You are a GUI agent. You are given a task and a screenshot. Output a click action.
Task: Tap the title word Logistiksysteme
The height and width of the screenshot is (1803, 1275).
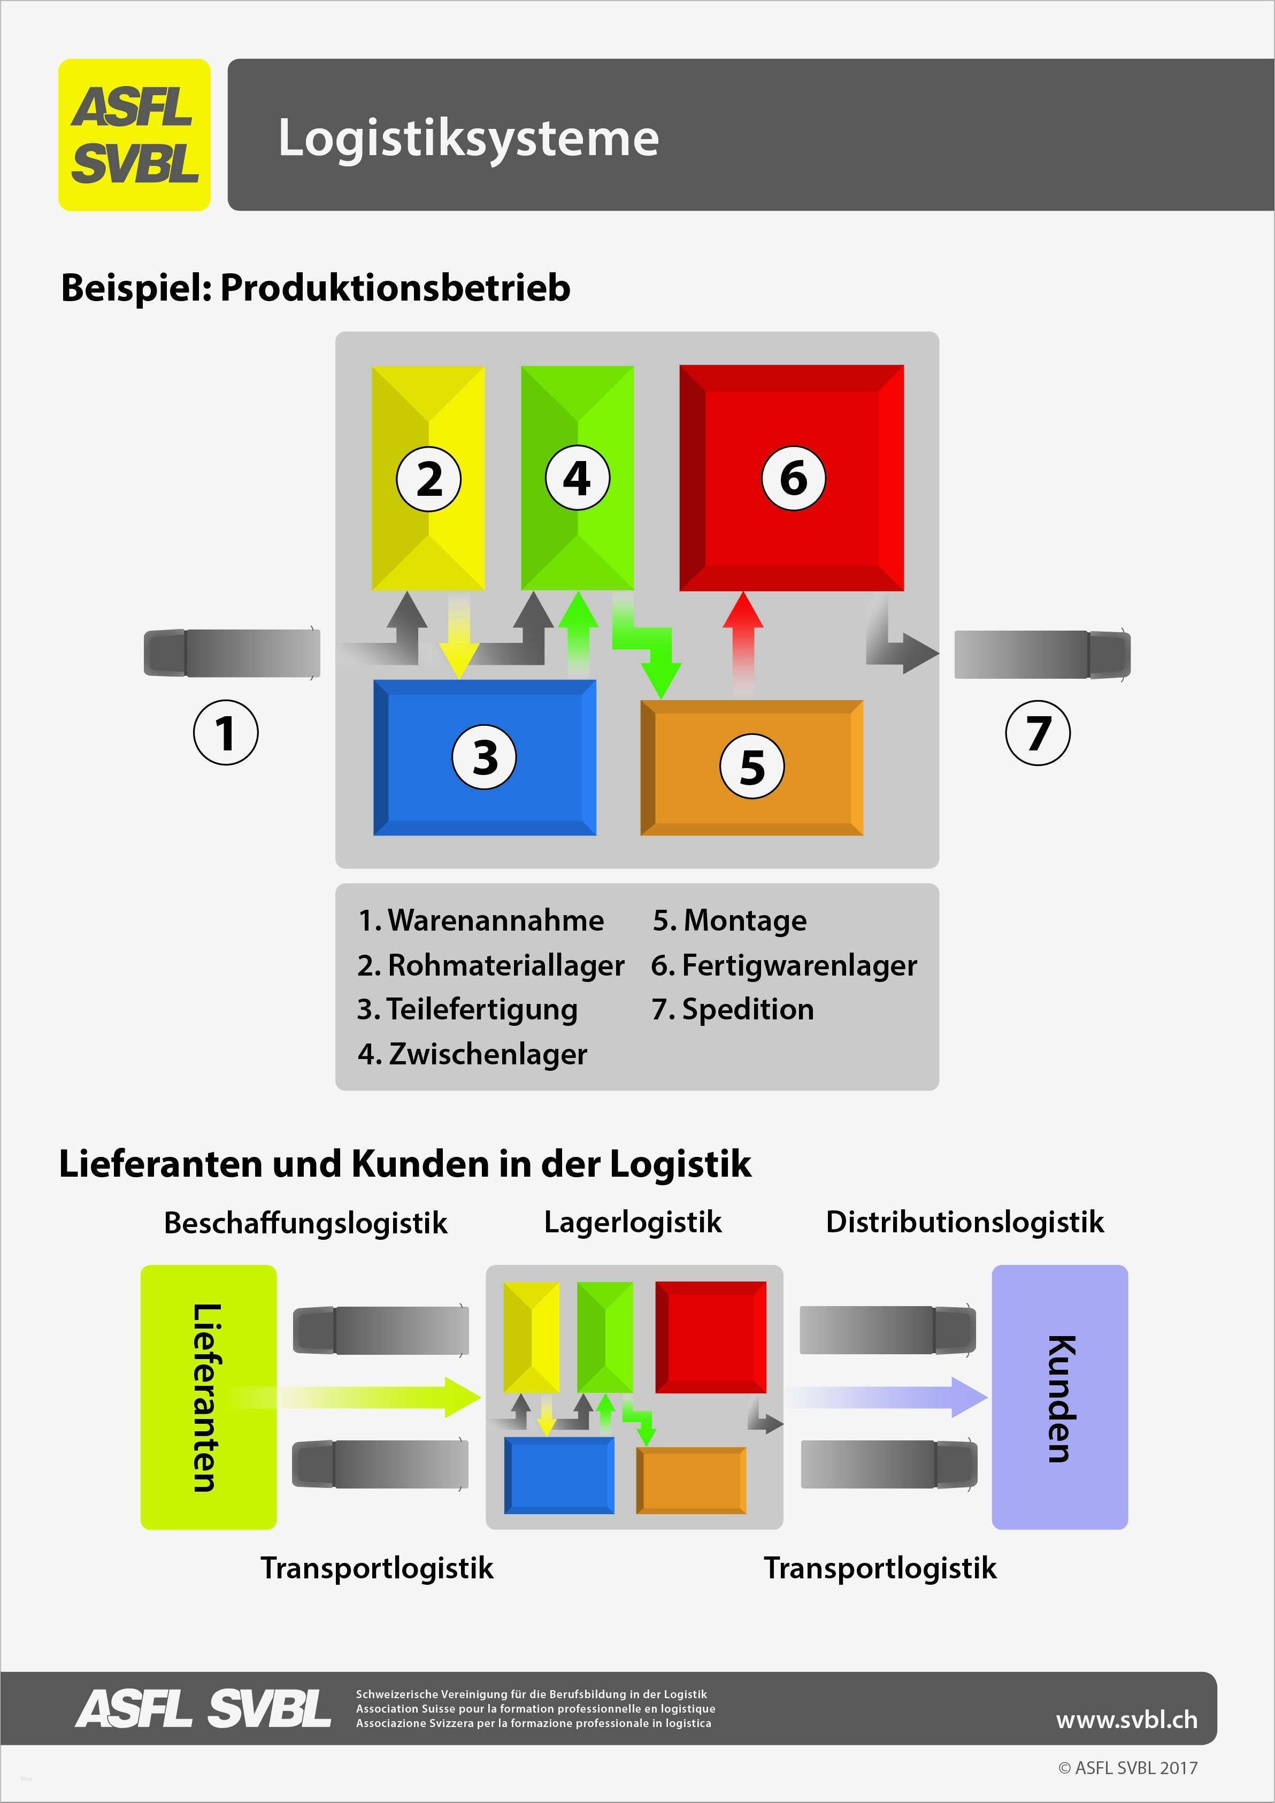tap(468, 137)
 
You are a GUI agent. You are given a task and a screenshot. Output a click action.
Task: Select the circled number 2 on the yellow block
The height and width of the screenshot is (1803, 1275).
tap(429, 478)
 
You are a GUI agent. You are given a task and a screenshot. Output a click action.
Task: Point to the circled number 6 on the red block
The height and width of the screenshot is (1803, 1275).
tap(793, 478)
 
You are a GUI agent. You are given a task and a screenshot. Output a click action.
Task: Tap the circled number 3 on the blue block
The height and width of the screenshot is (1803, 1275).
tap(485, 757)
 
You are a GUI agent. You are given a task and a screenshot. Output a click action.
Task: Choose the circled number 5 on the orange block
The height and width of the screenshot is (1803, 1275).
tap(752, 766)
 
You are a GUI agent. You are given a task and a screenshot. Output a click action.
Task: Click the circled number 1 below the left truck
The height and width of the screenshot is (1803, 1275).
tap(225, 732)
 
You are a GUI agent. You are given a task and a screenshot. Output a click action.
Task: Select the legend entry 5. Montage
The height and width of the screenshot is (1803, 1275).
tap(729, 920)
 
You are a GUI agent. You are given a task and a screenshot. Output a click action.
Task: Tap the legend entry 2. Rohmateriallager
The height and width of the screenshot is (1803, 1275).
tap(490, 965)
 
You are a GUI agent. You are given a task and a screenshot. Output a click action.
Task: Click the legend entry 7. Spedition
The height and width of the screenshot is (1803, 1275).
tap(733, 1009)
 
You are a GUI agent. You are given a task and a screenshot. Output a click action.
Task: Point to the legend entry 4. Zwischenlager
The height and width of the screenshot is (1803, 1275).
tap(472, 1054)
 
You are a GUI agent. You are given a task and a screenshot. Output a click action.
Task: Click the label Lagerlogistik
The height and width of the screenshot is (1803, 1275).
tap(633, 1222)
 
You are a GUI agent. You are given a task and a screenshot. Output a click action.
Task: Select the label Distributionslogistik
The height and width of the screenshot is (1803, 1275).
tap(965, 1222)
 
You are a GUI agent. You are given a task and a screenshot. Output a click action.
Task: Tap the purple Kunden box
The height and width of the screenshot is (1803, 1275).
tap(1060, 1397)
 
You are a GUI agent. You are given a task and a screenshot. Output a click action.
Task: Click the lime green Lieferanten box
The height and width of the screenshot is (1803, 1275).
tap(208, 1397)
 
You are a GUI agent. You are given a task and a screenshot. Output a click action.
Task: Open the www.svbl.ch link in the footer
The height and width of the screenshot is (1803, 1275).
tap(1127, 1719)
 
